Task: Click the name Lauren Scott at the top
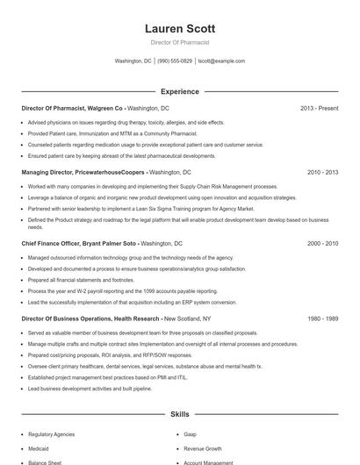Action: pos(179,28)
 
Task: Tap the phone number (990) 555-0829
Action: pos(175,61)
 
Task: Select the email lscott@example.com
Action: pos(221,61)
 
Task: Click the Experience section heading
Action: pos(179,91)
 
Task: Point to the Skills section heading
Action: pos(179,412)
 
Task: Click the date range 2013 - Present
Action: pos(319,108)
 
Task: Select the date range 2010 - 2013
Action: pos(322,173)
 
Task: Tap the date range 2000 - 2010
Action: pos(322,242)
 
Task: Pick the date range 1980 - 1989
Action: pos(322,319)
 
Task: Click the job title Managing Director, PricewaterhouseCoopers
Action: pos(83,173)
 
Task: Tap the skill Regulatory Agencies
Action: pos(52,433)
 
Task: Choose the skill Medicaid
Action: pos(40,447)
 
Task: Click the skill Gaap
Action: pos(190,433)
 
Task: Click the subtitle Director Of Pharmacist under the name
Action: pos(179,42)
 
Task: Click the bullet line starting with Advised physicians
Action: pos(126,122)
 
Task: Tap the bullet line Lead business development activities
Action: pos(90,388)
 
